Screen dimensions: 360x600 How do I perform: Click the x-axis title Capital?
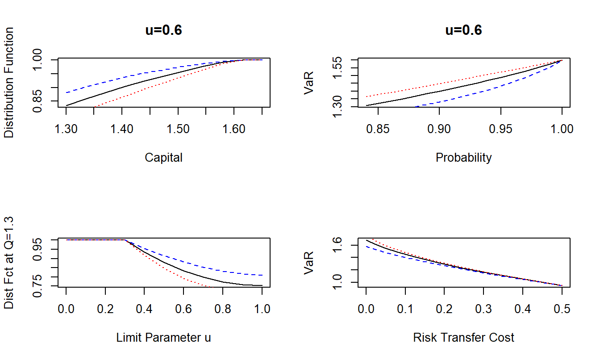[x=163, y=158]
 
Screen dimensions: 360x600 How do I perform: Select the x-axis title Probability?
[x=463, y=158]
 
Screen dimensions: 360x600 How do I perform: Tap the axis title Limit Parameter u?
[x=163, y=338]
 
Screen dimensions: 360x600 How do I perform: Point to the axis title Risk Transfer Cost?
[x=463, y=338]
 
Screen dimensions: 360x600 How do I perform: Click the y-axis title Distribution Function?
[x=9, y=83]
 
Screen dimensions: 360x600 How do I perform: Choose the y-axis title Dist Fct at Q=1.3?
[x=9, y=263]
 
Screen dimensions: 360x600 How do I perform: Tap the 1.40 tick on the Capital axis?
[x=122, y=130]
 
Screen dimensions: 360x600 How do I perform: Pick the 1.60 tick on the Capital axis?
[x=234, y=130]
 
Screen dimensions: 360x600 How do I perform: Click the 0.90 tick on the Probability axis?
[x=439, y=130]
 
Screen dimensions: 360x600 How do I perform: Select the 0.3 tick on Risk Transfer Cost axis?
[x=484, y=310]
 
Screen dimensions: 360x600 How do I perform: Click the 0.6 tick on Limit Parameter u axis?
[x=183, y=310]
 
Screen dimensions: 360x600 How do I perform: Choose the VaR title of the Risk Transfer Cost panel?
[x=309, y=263]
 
